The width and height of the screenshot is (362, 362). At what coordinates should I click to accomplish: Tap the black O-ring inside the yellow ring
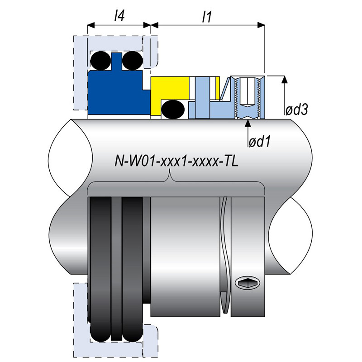172,109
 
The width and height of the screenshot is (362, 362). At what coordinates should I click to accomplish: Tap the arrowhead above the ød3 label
284,80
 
